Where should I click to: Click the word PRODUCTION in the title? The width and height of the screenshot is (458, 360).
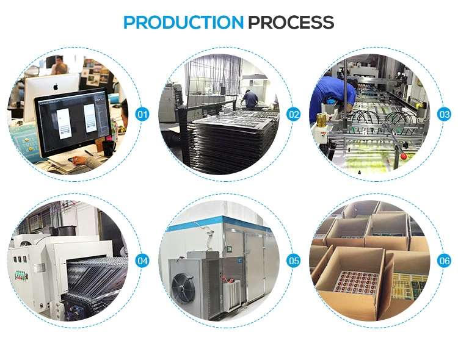(183, 23)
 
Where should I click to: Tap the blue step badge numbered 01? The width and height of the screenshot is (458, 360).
(142, 114)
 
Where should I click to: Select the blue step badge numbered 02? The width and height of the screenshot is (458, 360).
(294, 114)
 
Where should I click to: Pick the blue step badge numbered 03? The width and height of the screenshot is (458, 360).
(445, 114)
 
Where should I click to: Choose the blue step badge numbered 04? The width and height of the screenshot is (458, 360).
(142, 261)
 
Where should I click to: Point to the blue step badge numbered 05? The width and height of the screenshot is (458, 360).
(294, 261)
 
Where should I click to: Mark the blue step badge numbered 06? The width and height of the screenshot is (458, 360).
(445, 261)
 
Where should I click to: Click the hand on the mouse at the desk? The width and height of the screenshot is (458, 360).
(78, 160)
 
